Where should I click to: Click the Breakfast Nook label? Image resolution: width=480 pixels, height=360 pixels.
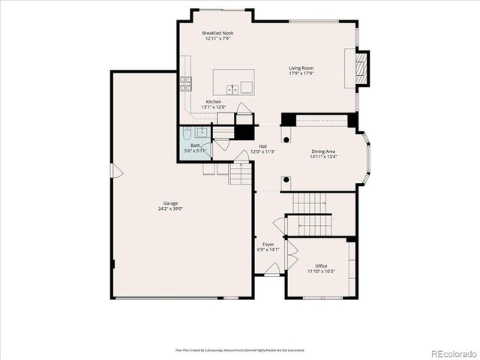point(217,34)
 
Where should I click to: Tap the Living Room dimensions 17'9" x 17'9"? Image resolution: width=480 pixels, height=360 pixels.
point(301,74)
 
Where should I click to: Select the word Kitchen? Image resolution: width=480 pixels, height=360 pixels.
point(214,101)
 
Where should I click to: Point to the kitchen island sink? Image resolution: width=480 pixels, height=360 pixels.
point(235,88)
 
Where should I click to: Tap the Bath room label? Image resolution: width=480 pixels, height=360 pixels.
point(195,145)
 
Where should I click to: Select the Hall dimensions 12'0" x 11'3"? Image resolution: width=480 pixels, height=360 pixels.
point(263,151)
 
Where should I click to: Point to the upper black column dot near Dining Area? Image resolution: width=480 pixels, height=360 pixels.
point(286,139)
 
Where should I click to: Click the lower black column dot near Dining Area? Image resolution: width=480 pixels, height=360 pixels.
point(286,179)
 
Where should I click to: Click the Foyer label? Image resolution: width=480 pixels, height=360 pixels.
point(267,244)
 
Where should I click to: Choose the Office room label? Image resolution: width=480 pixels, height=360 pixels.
point(321,265)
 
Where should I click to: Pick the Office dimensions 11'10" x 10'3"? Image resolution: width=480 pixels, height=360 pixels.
point(321,271)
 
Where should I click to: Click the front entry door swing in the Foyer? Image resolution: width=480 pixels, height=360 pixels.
point(273,268)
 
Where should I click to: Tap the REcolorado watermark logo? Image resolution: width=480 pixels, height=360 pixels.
point(453,352)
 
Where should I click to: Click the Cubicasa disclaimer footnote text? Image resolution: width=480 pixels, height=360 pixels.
point(240,350)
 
